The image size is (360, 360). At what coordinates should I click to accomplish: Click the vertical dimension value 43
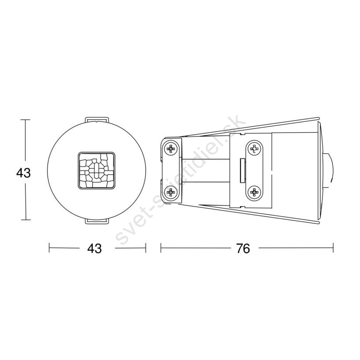coord(23,173)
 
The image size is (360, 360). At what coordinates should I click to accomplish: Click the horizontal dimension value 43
coord(94,248)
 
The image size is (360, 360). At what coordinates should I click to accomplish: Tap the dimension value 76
coord(243,248)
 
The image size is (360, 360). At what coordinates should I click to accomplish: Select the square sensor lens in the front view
coord(96,171)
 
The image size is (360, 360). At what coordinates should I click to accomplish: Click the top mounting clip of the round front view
coord(96,120)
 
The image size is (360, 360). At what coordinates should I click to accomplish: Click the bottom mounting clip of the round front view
coord(96,221)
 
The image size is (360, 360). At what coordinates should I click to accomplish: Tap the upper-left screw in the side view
coord(171,149)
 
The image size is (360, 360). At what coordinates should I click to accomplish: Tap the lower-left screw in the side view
coord(171,192)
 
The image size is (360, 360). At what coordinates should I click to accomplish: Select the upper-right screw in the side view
coord(254,149)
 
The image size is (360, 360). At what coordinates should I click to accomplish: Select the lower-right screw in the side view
coord(254,192)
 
